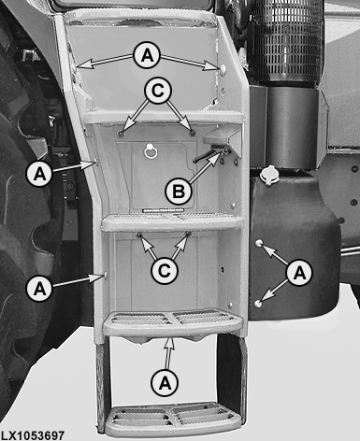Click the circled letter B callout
(179, 191)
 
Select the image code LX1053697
(33, 435)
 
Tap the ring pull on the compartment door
(150, 151)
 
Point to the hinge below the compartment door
(163, 210)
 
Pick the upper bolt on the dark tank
(259, 243)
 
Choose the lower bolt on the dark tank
(258, 303)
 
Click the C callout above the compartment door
(158, 91)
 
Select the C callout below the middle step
(165, 271)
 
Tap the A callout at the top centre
(147, 55)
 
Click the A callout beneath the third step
(165, 383)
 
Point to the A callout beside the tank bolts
(299, 273)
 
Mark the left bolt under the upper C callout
(121, 134)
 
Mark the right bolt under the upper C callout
(193, 134)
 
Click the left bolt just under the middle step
(138, 234)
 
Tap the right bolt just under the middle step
(188, 233)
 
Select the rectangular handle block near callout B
(217, 136)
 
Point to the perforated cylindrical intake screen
(286, 40)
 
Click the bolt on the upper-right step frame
(223, 68)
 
